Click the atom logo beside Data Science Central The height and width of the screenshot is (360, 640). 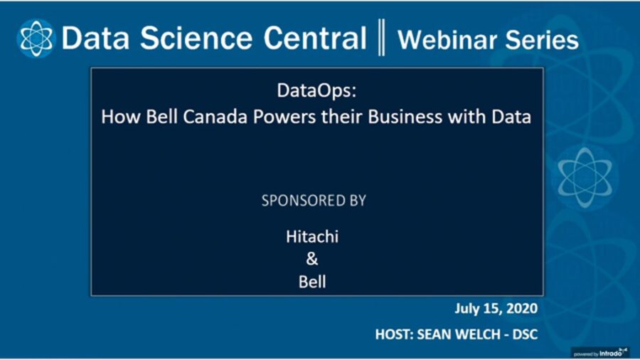click(36, 38)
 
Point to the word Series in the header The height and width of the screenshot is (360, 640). click(543, 39)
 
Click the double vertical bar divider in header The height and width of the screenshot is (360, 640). click(382, 38)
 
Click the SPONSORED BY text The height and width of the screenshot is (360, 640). click(314, 201)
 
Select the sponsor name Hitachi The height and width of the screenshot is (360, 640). click(312, 236)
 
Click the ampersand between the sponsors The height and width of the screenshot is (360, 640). click(312, 259)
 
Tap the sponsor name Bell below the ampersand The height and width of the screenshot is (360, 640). click(312, 282)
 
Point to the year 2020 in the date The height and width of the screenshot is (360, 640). click(519, 309)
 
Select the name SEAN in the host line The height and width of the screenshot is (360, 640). click(438, 333)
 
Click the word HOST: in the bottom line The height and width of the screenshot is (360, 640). click(395, 333)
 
